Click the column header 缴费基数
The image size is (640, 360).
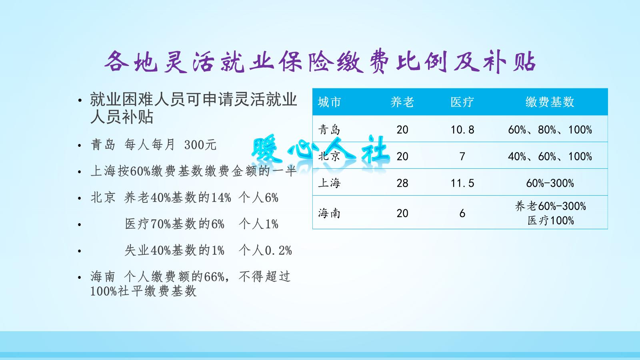click(550, 102)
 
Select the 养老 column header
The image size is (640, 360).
click(402, 102)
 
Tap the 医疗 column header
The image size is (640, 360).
click(462, 102)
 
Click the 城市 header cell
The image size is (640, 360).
click(329, 102)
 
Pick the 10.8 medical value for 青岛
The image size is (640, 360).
click(462, 130)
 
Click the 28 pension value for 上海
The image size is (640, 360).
click(402, 183)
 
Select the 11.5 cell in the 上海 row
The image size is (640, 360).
click(462, 183)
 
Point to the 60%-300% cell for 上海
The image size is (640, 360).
click(550, 183)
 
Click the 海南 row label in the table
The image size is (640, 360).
click(329, 213)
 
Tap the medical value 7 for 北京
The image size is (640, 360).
click(462, 156)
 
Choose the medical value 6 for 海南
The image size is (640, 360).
click(462, 213)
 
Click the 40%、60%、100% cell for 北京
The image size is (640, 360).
click(550, 156)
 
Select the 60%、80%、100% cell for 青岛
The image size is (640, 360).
click(550, 130)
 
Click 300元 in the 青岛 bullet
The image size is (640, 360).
click(200, 145)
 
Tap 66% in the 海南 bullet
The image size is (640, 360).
click(214, 277)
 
